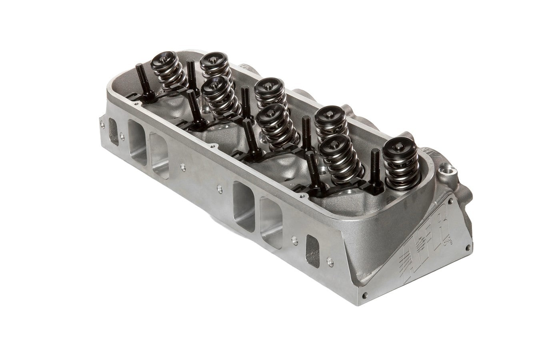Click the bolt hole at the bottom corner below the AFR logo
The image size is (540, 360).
(x=363, y=296)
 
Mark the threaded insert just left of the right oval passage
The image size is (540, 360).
(x=295, y=240)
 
